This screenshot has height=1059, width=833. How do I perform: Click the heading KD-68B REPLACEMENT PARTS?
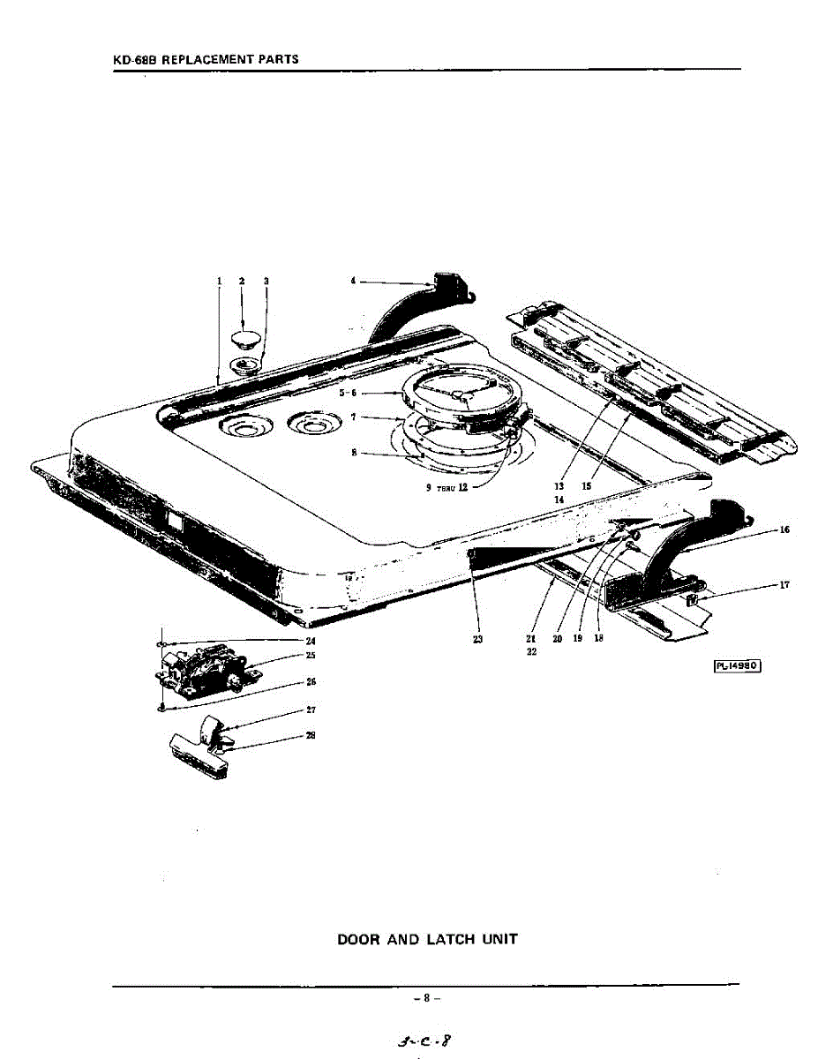[206, 60]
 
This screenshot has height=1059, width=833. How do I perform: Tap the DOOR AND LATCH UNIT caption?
[427, 939]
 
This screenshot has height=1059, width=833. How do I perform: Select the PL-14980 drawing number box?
[735, 665]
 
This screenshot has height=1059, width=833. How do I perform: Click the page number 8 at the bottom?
[426, 998]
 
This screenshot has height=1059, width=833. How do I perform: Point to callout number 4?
[353, 281]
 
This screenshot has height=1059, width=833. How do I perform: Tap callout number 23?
[477, 640]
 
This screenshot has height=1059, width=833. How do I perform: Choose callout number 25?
[311, 655]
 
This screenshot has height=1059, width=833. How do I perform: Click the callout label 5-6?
[347, 393]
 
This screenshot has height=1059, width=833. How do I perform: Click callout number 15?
[587, 485]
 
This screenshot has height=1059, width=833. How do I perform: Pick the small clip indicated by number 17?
[692, 600]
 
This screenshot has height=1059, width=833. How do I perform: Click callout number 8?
[353, 453]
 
